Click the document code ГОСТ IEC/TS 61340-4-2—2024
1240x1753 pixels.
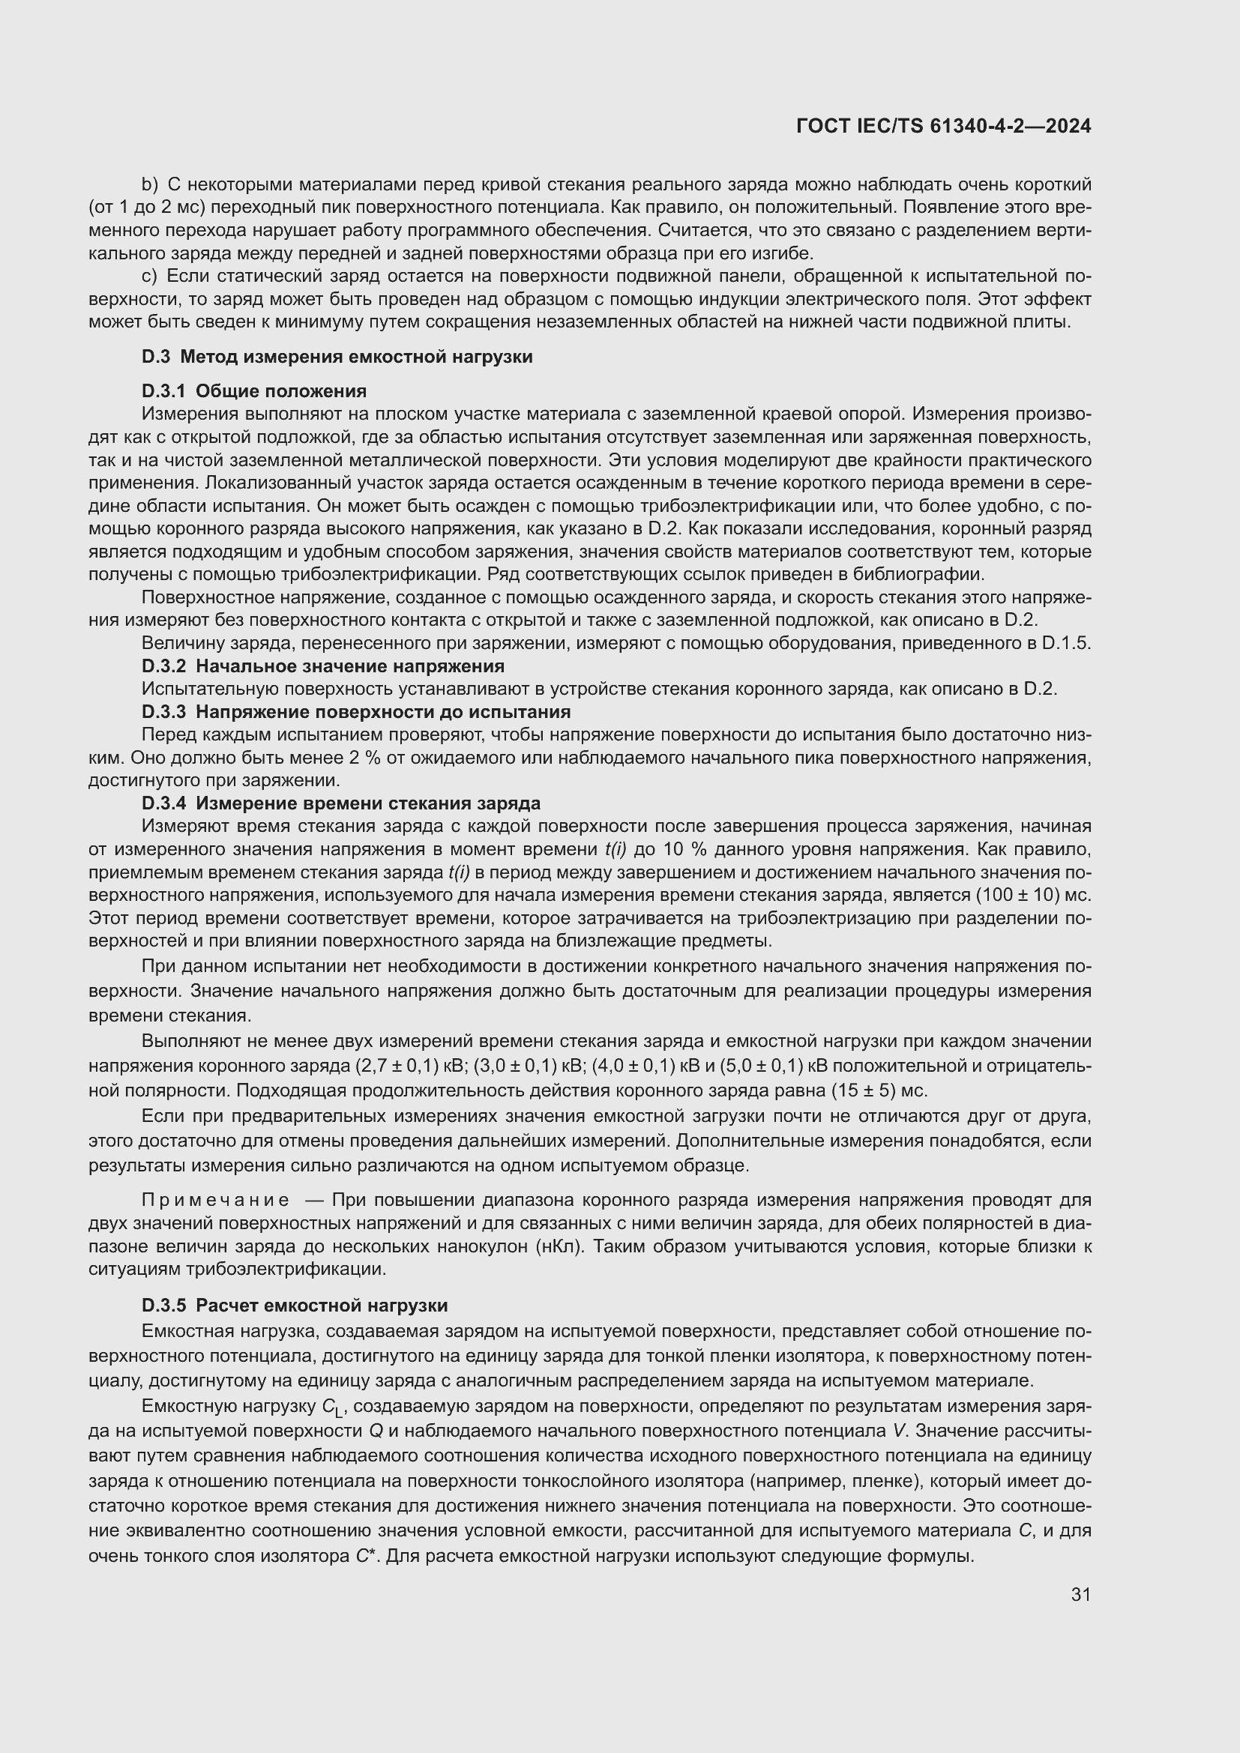point(943,126)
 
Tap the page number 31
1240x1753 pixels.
point(1080,1594)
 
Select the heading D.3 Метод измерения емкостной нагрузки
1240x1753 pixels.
point(337,357)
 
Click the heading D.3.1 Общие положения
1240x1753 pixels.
point(253,391)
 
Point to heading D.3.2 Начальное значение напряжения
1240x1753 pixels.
point(322,666)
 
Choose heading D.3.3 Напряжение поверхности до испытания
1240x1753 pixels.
point(356,711)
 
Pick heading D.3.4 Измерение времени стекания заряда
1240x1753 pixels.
point(340,803)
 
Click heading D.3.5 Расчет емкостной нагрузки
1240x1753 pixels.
point(295,1306)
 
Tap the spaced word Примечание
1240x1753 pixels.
point(216,1200)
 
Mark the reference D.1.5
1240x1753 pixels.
point(1066,643)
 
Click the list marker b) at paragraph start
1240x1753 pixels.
point(149,185)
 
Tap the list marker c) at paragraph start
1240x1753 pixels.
point(149,276)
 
